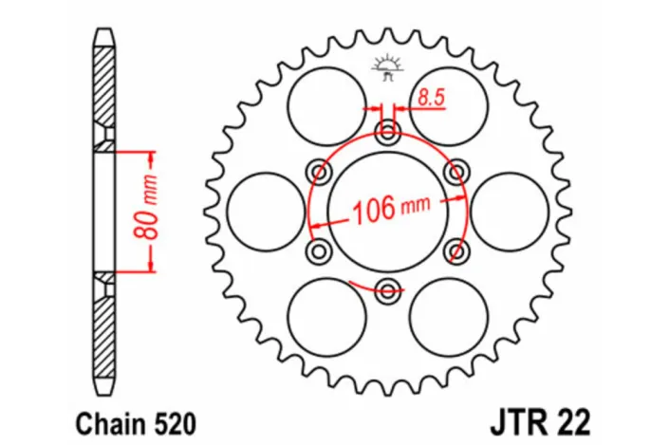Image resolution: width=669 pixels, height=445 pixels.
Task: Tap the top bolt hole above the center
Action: (x=387, y=132)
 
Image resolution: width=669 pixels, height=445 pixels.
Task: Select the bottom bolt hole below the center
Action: (x=387, y=289)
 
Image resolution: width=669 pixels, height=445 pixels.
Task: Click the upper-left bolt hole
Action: (x=319, y=172)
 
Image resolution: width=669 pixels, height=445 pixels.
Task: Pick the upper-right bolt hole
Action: (x=456, y=172)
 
